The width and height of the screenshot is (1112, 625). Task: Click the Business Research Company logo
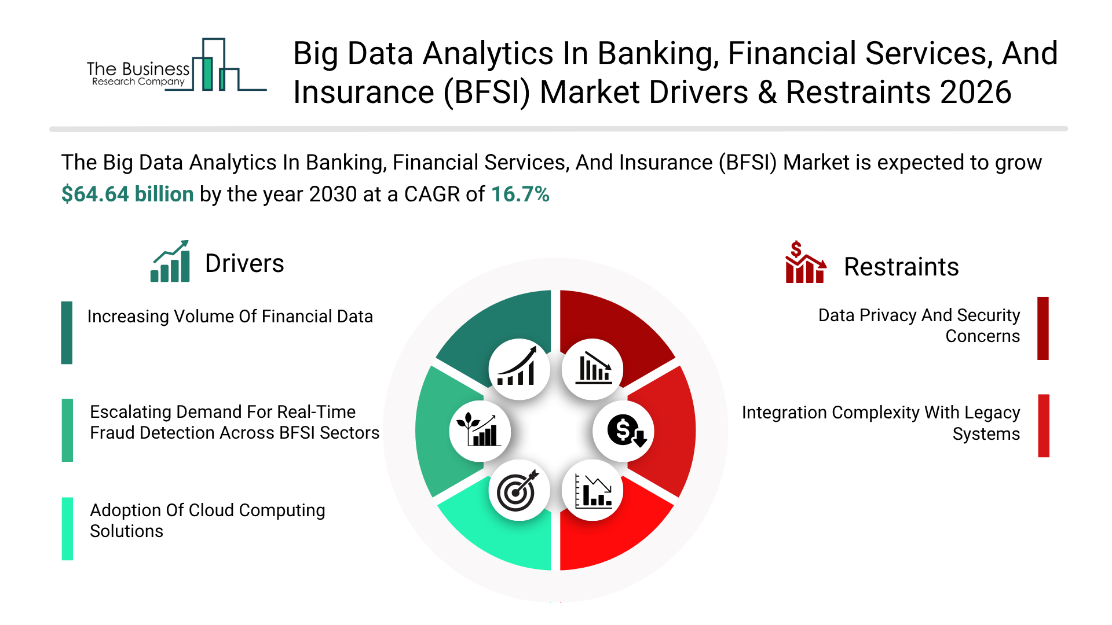[177, 65]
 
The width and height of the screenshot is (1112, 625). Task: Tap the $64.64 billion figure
[127, 194]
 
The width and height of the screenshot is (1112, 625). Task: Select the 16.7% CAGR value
[520, 194]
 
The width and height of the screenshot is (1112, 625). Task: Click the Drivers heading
[244, 264]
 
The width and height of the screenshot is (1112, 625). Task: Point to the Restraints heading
[901, 267]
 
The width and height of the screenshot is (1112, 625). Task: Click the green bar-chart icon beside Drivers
[170, 262]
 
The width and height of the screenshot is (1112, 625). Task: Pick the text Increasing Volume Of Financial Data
[230, 317]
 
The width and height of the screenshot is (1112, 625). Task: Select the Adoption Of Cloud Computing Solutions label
[207, 521]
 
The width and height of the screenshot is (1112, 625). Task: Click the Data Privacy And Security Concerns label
[919, 326]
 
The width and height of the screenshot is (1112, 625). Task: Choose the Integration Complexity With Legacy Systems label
[881, 423]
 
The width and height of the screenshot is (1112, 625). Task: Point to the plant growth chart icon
[479, 431]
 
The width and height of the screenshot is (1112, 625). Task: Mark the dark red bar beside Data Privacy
[1043, 328]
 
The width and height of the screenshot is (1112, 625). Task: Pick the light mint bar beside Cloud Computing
[67, 529]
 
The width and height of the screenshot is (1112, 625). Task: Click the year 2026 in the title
[976, 93]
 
